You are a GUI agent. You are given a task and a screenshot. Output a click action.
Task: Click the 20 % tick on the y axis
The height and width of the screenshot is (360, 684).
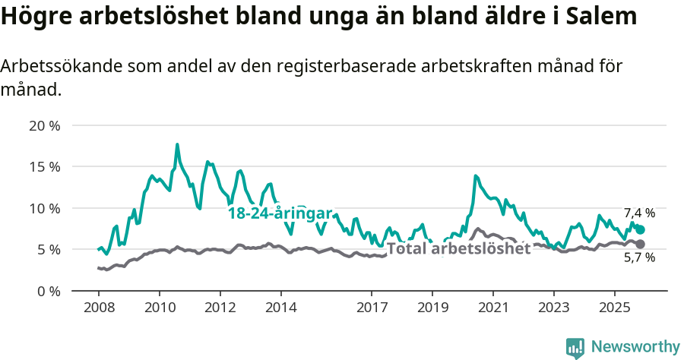[x=45, y=125]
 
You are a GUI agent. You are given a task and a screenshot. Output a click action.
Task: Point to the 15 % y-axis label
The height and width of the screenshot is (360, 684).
[x=45, y=166]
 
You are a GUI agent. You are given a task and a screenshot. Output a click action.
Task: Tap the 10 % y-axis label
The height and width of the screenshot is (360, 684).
[x=45, y=208]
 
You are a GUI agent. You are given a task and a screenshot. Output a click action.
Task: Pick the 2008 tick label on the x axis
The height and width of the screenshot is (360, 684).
[x=99, y=309]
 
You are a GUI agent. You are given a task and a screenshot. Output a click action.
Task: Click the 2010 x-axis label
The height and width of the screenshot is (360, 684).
[x=160, y=309]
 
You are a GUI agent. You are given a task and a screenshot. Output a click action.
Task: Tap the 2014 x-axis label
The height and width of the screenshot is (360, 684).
[x=280, y=309]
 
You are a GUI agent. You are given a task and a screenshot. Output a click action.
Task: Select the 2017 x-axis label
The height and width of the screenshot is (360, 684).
[x=372, y=309]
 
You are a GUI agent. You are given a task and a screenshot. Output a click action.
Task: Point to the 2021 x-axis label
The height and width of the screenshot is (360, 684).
[x=492, y=309]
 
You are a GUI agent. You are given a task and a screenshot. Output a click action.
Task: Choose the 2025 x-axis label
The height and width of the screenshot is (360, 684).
[x=614, y=309]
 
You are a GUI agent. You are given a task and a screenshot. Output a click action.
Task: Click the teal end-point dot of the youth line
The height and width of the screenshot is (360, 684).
[x=641, y=229]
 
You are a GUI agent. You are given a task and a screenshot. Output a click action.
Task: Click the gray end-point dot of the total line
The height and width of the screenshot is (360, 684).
[x=641, y=244]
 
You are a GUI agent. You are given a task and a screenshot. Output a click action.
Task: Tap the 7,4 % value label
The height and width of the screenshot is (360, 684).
[x=639, y=213]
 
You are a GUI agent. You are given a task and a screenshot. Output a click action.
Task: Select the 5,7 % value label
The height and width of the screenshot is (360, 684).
[x=639, y=258]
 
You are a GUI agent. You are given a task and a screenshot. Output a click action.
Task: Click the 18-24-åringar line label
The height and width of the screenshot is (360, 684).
[x=280, y=213]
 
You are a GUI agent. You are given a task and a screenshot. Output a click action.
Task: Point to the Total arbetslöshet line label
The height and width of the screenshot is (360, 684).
[x=458, y=248]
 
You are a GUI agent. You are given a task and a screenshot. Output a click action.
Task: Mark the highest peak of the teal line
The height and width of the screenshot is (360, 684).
[x=177, y=144]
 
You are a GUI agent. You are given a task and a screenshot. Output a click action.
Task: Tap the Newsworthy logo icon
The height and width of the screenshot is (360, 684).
[x=575, y=348]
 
